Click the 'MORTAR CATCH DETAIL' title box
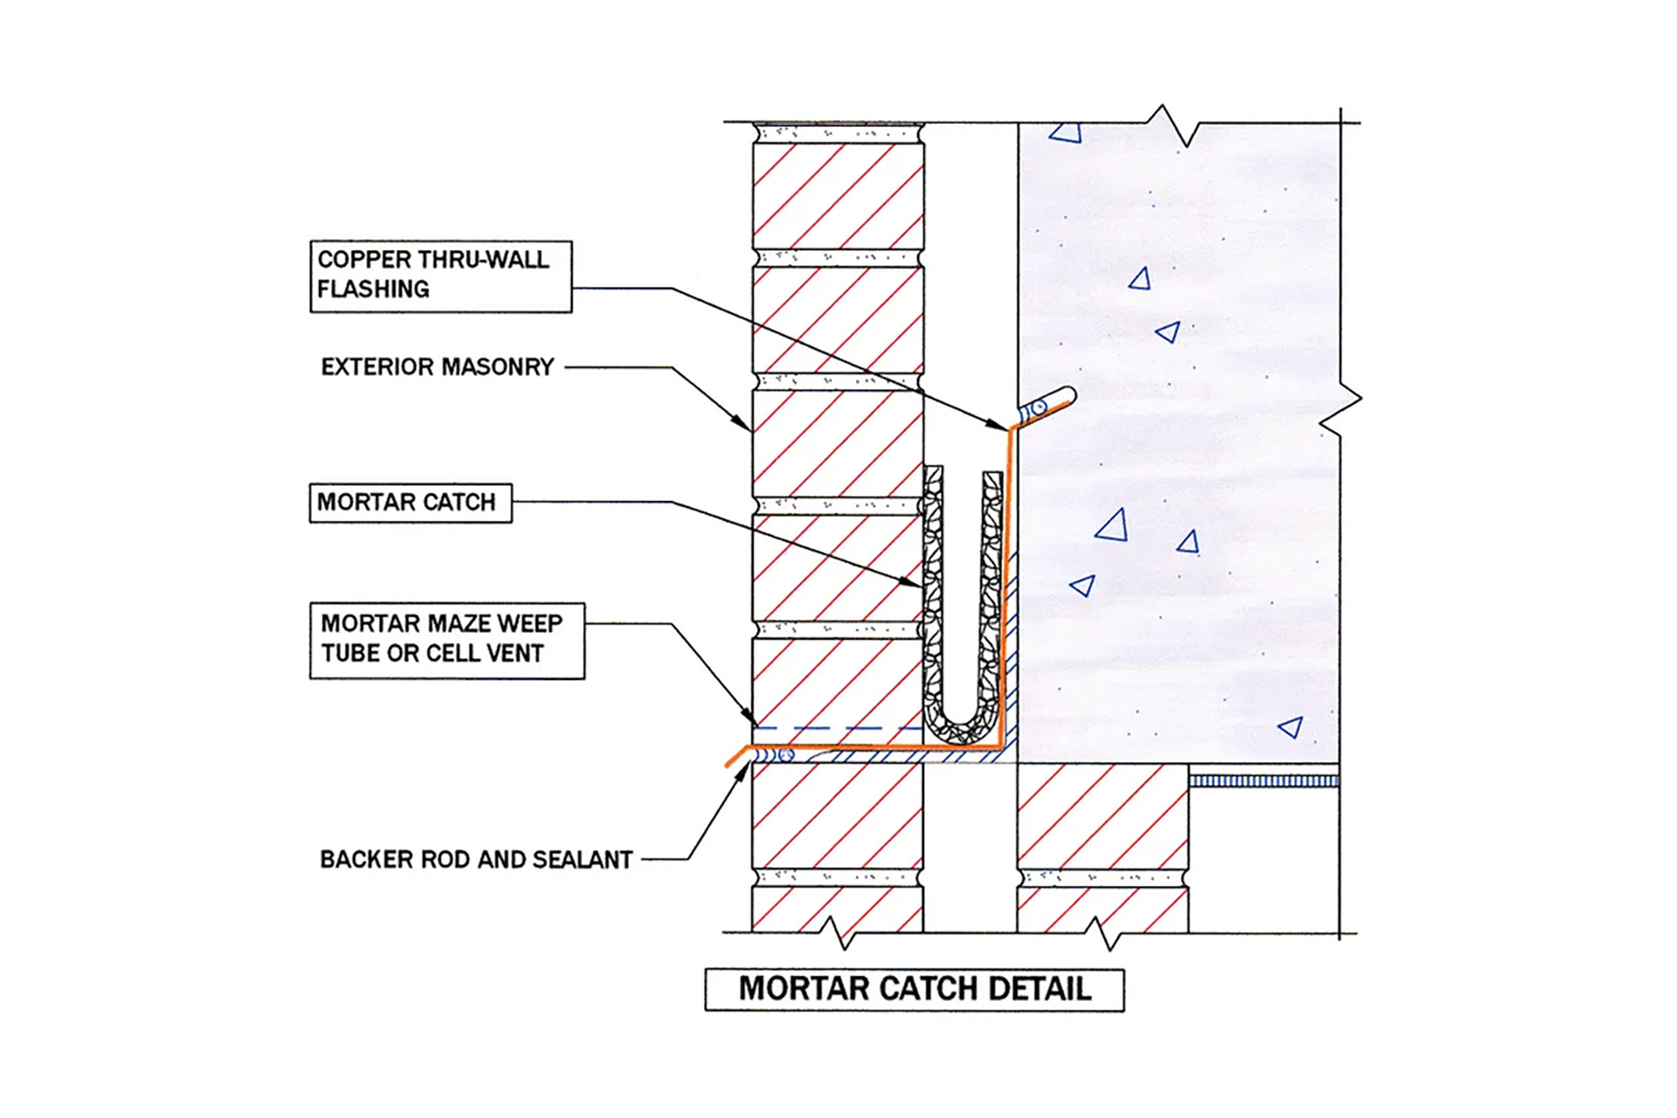point(915,990)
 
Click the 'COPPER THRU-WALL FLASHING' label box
point(441,276)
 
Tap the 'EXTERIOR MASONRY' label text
point(437,367)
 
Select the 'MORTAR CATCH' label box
point(410,503)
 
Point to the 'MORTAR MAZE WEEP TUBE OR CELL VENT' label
point(447,641)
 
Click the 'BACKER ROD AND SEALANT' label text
point(476,860)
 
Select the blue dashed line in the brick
point(838,728)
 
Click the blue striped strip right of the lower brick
point(1263,781)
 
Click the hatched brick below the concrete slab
point(1103,816)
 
